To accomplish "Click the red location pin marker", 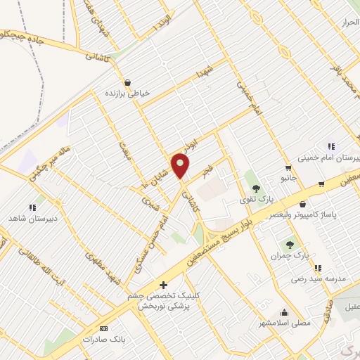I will pyautogui.click(x=181, y=166).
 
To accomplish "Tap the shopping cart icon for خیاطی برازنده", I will pyautogui.click(x=127, y=82).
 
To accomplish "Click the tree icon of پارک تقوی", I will pyautogui.click(x=256, y=188).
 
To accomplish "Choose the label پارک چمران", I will pyautogui.click(x=290, y=256).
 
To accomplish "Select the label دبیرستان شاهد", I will pyautogui.click(x=32, y=219).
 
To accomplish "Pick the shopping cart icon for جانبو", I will pyautogui.click(x=288, y=167).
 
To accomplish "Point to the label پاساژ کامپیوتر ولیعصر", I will pyautogui.click(x=321, y=212).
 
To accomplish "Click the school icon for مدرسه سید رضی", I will pyautogui.click(x=319, y=267).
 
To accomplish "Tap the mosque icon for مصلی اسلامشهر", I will pyautogui.click(x=285, y=312).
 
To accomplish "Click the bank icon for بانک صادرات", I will pyautogui.click(x=105, y=328).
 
